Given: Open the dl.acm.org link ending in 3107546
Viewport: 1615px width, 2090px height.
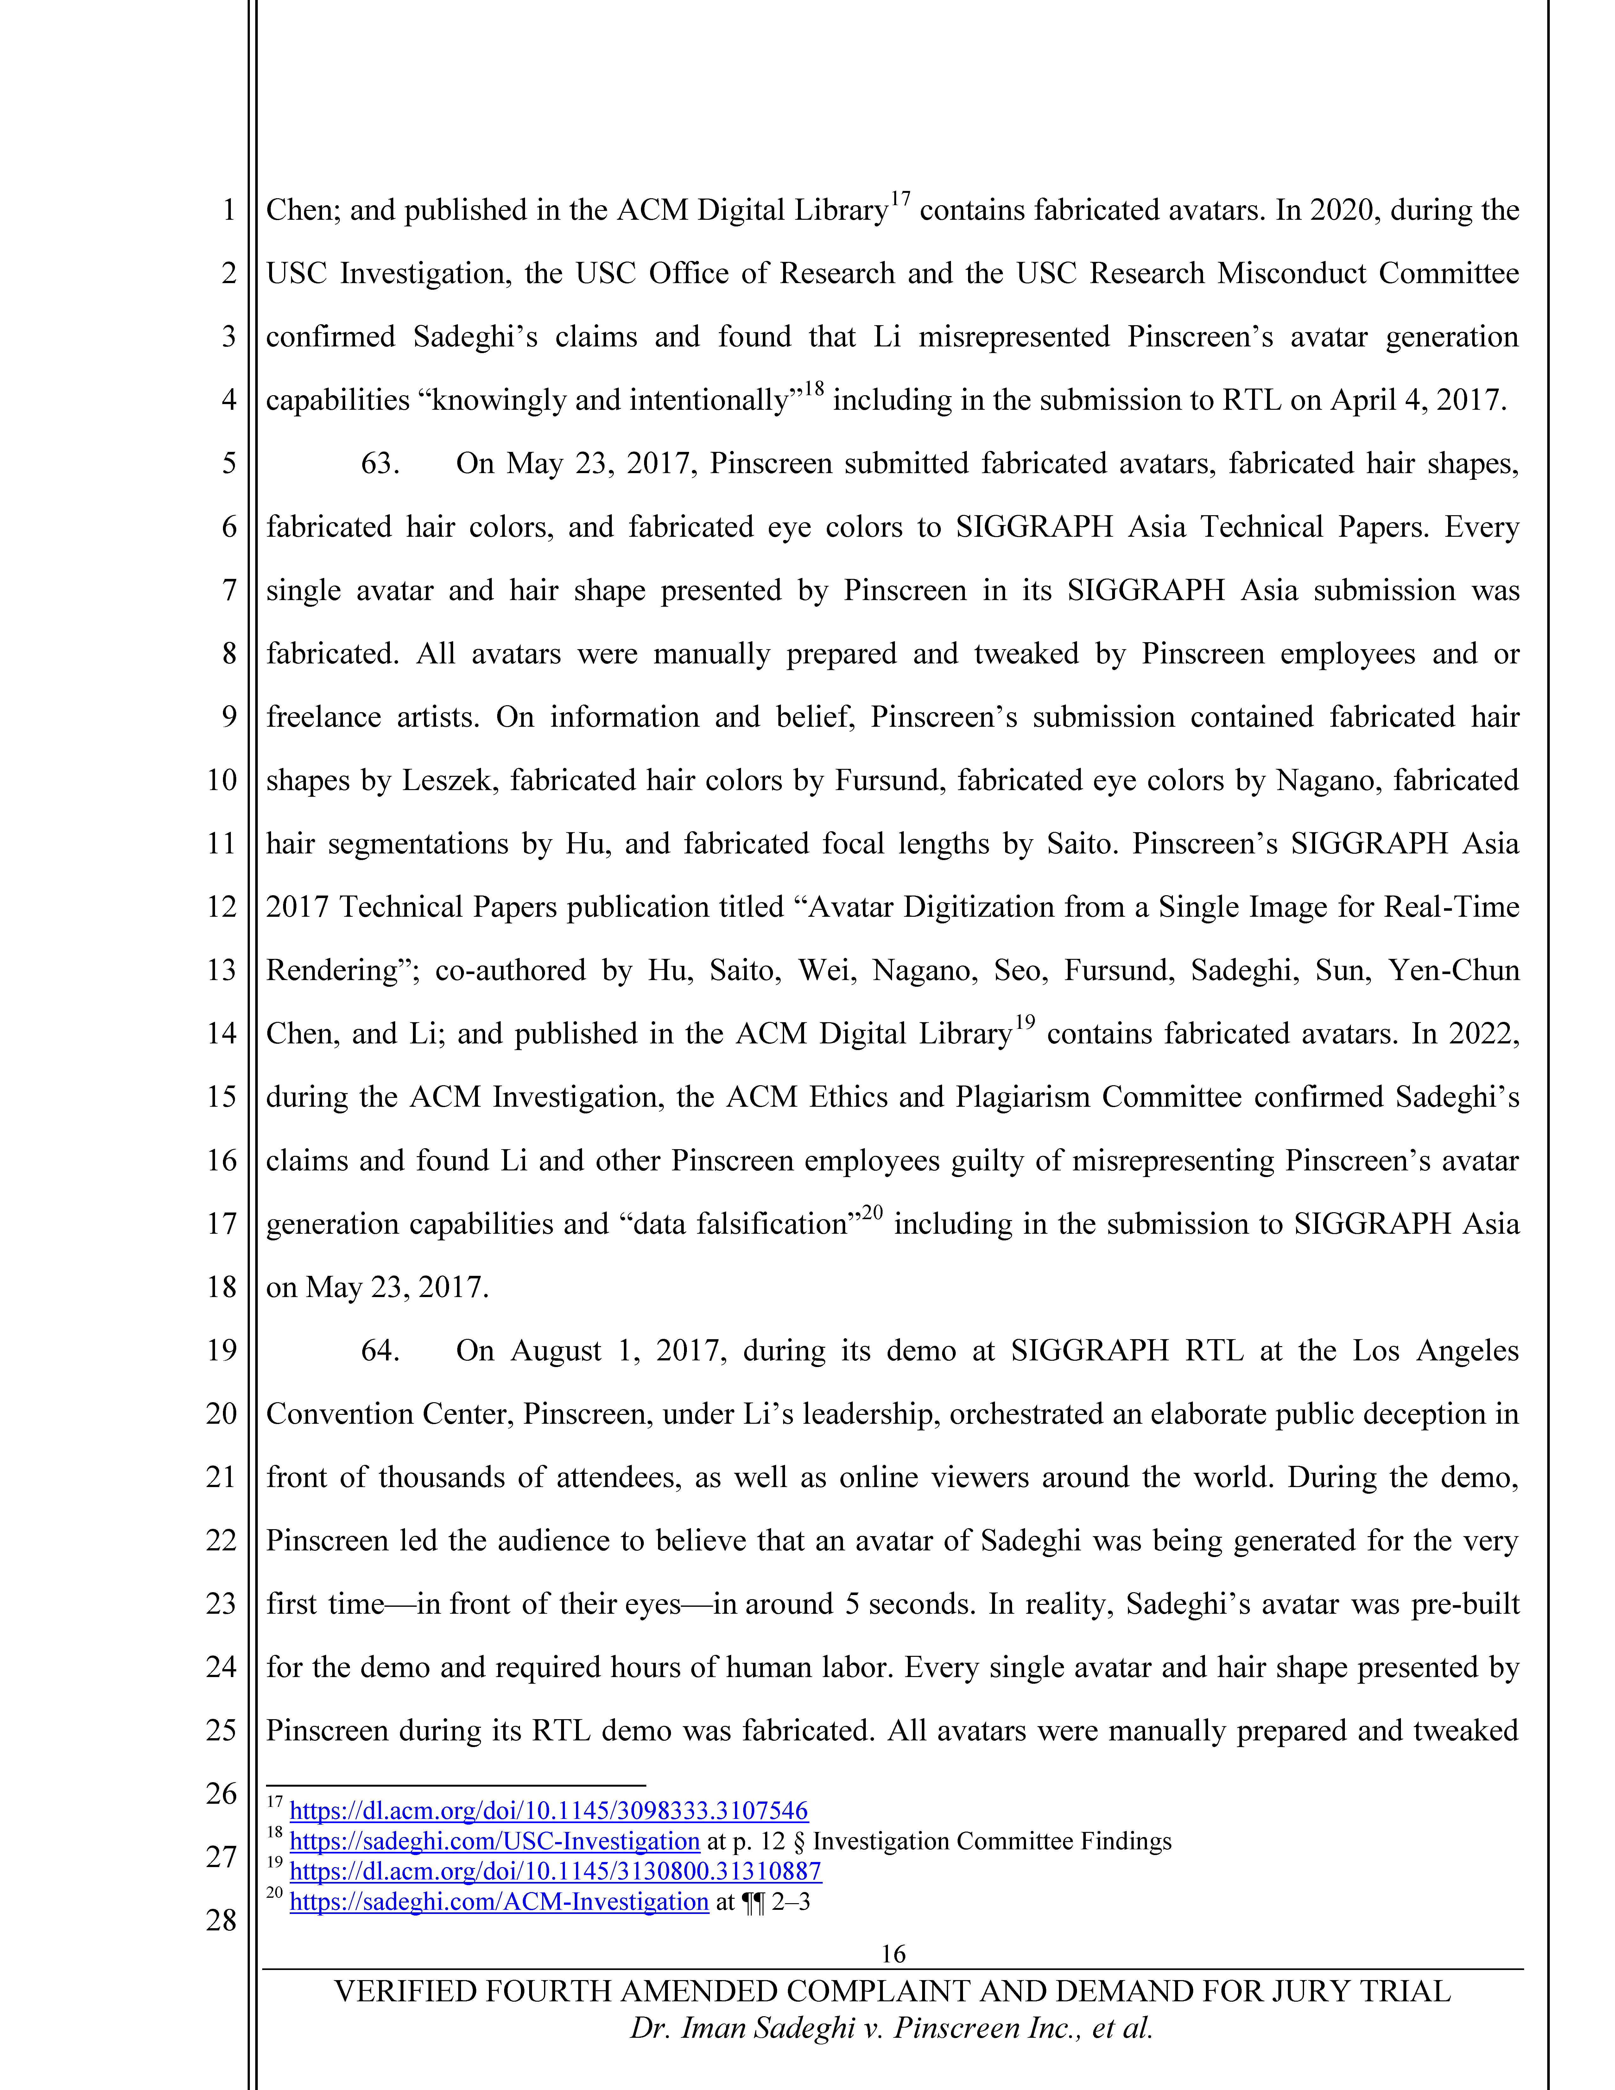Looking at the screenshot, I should tap(548, 1811).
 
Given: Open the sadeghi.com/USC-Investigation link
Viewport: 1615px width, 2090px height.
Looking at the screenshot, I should tap(495, 1841).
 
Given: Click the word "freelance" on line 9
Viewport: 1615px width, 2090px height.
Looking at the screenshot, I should tap(323, 718).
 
